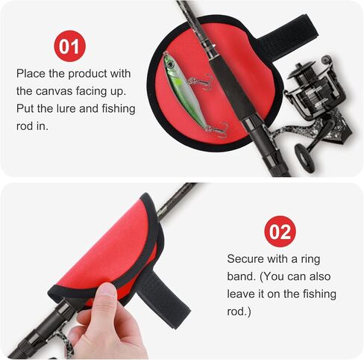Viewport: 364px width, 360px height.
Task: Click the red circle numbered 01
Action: click(69, 46)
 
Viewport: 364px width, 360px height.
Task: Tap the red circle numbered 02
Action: click(280, 232)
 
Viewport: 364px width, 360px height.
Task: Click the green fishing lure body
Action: click(184, 90)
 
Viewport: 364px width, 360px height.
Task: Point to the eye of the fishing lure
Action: click(171, 64)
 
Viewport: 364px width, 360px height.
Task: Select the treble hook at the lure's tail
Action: click(218, 130)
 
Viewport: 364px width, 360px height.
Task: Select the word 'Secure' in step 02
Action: click(245, 259)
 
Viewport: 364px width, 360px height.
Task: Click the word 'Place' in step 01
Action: click(31, 74)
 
